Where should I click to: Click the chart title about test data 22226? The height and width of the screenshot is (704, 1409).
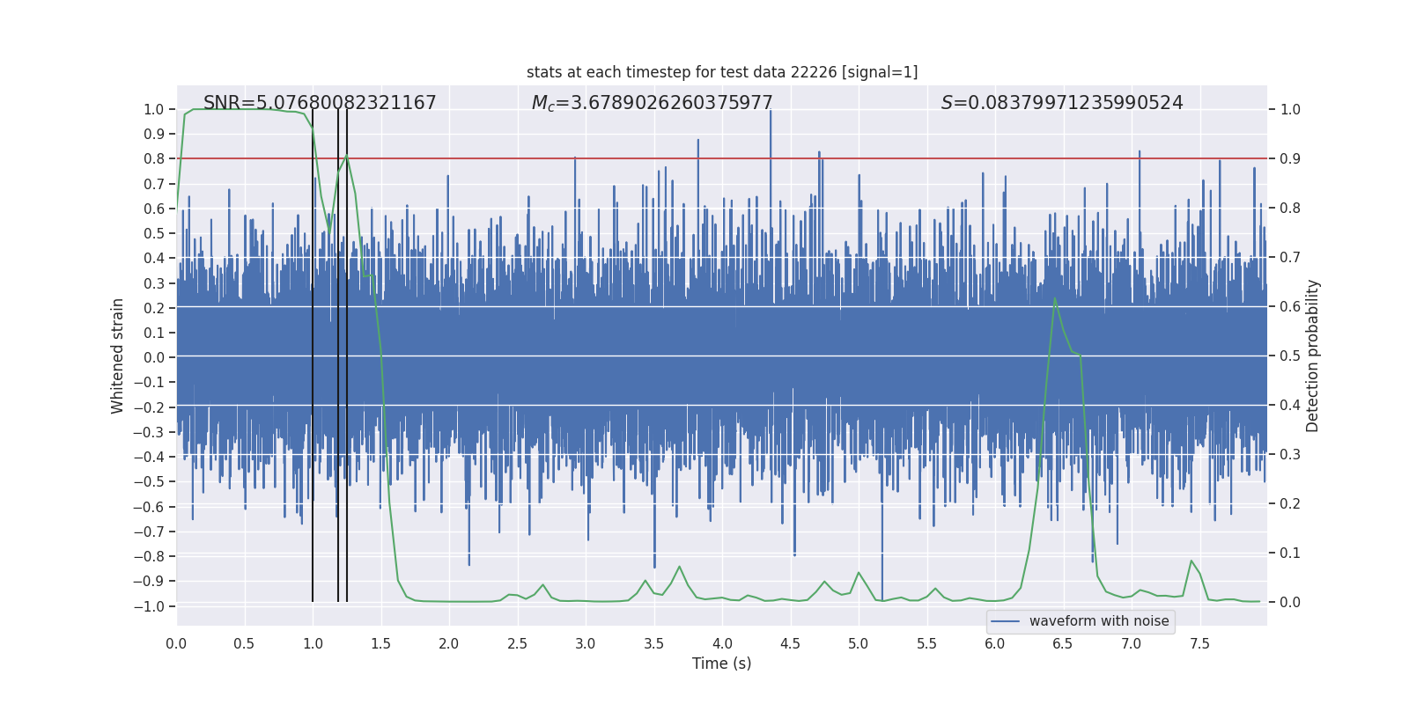tap(722, 72)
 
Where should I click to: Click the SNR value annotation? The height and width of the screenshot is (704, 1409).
tap(320, 103)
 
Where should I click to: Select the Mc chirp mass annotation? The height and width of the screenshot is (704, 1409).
tap(652, 103)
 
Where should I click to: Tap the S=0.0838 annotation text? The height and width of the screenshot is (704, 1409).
tap(1062, 103)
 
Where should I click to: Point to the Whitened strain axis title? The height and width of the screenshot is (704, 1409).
tap(117, 356)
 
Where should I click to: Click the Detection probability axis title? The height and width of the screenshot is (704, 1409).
tap(1313, 356)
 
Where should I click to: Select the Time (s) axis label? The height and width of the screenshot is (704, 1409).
tap(721, 664)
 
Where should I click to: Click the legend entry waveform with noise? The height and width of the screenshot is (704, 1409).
tap(1098, 621)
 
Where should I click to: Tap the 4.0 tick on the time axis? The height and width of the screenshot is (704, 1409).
tap(722, 643)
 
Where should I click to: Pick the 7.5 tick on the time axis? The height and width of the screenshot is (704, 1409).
tap(1199, 643)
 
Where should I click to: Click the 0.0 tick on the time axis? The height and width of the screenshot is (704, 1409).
tap(176, 643)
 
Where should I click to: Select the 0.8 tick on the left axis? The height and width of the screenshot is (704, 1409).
tap(155, 159)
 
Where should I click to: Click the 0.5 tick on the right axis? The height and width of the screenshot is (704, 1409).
tap(1290, 356)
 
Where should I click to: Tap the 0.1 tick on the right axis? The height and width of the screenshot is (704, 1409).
tap(1290, 554)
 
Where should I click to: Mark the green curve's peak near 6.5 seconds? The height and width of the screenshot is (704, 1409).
tap(1055, 299)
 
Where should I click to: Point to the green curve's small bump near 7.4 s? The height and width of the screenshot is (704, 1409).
tap(1191, 561)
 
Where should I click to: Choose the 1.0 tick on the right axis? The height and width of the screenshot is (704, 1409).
tap(1290, 110)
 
